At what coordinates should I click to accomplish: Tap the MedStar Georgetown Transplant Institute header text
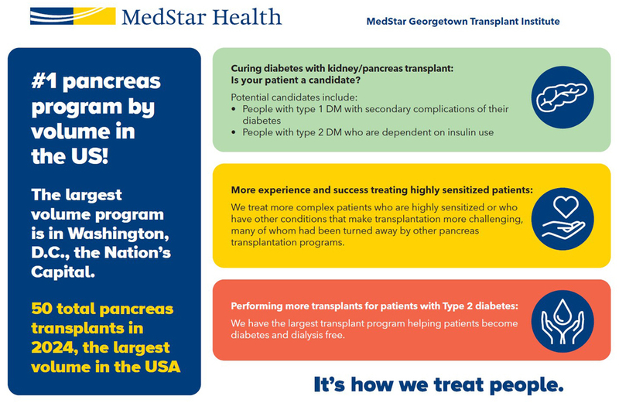463,21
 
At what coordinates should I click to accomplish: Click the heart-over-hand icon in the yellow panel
563,216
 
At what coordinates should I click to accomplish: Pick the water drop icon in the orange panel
563,319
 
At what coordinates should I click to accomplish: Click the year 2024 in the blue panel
50,347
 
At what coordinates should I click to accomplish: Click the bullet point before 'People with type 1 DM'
235,109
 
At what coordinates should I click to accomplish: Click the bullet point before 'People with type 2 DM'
235,132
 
